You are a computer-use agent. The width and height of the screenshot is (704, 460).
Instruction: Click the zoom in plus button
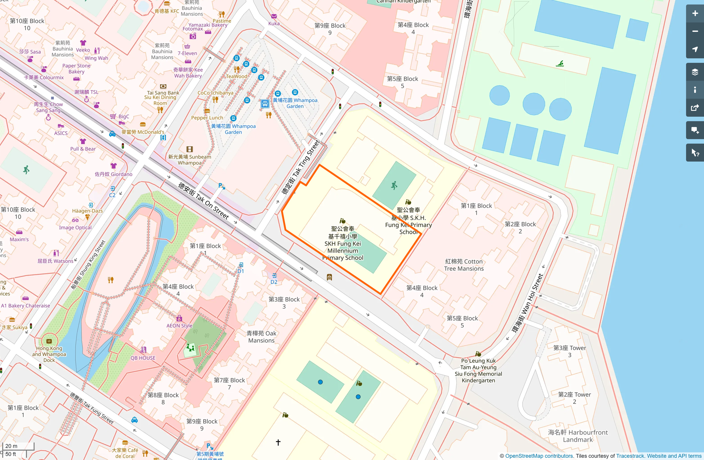tap(695, 13)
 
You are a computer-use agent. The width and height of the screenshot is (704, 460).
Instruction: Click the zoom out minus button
tap(695, 31)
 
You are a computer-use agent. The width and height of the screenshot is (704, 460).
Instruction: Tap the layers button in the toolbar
tap(695, 72)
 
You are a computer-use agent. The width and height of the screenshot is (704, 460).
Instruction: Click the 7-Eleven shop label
tap(187, 53)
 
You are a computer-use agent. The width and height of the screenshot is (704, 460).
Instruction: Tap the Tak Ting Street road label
tap(301, 167)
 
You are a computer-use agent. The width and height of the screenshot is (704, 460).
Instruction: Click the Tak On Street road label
tap(204, 201)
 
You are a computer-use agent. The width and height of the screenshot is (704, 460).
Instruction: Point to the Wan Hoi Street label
tap(527, 303)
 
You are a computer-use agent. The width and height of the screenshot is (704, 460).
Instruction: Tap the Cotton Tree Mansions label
tap(464, 265)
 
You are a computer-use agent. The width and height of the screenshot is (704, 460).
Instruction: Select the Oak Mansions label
tap(262, 337)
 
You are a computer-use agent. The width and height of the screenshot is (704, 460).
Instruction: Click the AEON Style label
tap(179, 325)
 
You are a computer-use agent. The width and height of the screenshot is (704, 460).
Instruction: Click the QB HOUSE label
tap(143, 358)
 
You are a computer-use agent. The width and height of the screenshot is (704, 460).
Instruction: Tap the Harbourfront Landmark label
tap(578, 436)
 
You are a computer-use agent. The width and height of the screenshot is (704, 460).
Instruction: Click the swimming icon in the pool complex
tap(559, 64)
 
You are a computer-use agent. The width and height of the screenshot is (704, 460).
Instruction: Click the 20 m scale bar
tap(18, 446)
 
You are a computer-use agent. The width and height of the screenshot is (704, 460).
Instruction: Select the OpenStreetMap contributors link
tap(539, 456)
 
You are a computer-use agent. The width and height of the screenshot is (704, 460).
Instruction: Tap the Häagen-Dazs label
tap(87, 211)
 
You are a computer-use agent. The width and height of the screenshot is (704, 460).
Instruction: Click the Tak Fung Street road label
tap(92, 408)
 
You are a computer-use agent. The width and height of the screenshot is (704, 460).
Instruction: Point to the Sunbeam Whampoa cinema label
tap(189, 160)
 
